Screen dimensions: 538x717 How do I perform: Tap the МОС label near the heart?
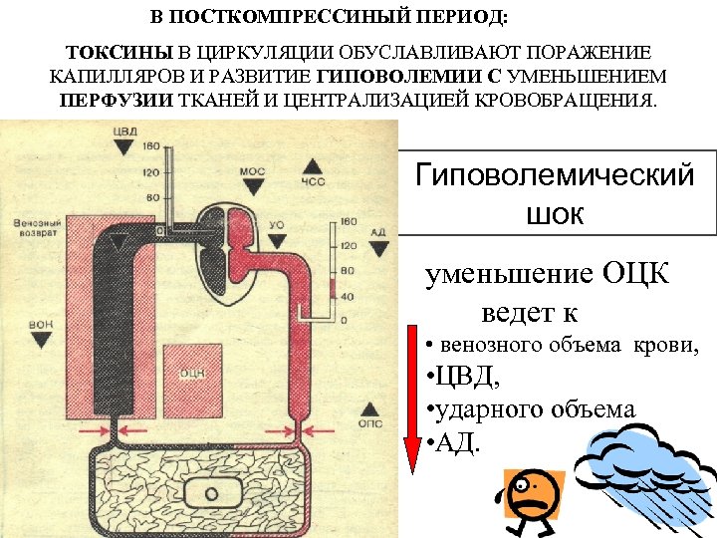coord(253,171)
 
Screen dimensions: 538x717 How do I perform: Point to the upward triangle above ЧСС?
coord(313,165)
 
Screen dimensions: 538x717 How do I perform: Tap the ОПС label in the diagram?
coord(369,423)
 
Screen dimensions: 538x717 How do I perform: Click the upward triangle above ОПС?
coord(369,407)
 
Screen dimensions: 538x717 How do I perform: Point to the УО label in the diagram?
coord(277,225)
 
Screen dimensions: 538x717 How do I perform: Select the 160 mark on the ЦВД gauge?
coord(151,147)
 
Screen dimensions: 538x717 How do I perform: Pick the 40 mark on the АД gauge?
coord(348,296)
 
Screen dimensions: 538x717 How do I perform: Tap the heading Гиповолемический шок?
coord(555,194)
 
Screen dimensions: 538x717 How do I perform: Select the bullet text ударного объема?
coord(530,409)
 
